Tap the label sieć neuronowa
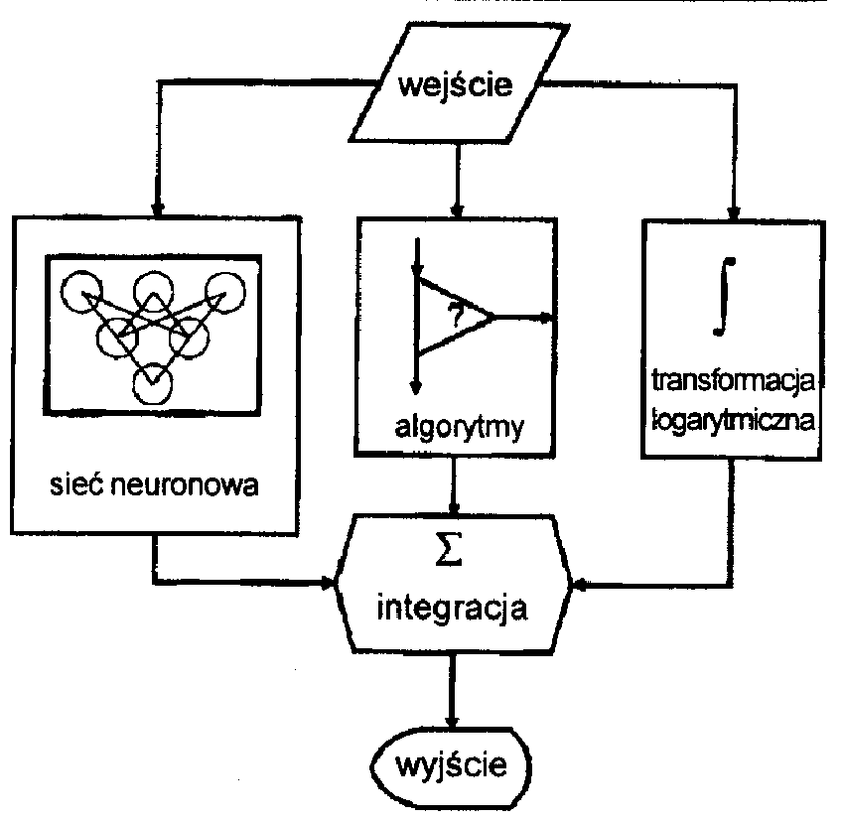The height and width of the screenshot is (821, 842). [154, 484]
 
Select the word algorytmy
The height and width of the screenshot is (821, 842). [459, 428]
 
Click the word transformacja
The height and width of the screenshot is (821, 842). [733, 381]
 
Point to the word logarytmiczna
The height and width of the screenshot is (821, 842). [733, 420]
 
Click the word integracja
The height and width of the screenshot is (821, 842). [452, 610]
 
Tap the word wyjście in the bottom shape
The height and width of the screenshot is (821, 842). [451, 764]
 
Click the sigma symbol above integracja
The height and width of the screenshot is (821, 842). [449, 548]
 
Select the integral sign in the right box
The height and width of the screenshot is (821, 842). [724, 297]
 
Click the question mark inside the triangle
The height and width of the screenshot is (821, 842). [457, 316]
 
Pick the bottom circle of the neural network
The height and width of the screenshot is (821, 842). [153, 384]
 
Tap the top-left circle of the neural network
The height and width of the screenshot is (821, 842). [81, 292]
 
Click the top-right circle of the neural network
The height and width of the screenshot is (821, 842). [225, 293]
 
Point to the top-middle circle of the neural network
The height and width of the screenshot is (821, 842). [154, 292]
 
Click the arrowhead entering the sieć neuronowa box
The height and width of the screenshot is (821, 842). [157, 209]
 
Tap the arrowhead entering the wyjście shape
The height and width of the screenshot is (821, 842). [452, 721]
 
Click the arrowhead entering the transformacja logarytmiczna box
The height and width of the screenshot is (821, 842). [734, 213]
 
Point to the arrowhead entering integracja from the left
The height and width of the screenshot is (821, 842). [328, 583]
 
